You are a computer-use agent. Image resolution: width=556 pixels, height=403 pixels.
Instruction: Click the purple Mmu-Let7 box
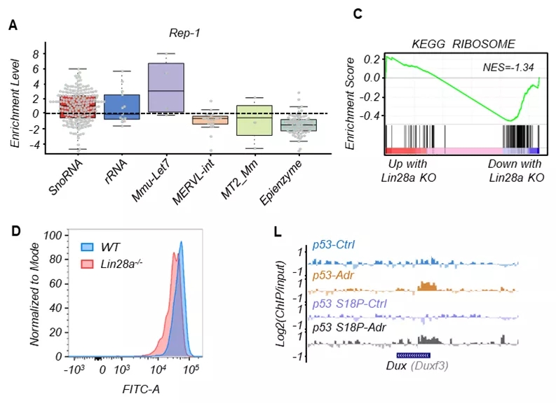166,87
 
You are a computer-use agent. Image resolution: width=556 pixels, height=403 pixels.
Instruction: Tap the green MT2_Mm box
254,120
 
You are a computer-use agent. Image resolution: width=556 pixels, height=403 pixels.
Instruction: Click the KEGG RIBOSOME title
464,44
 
